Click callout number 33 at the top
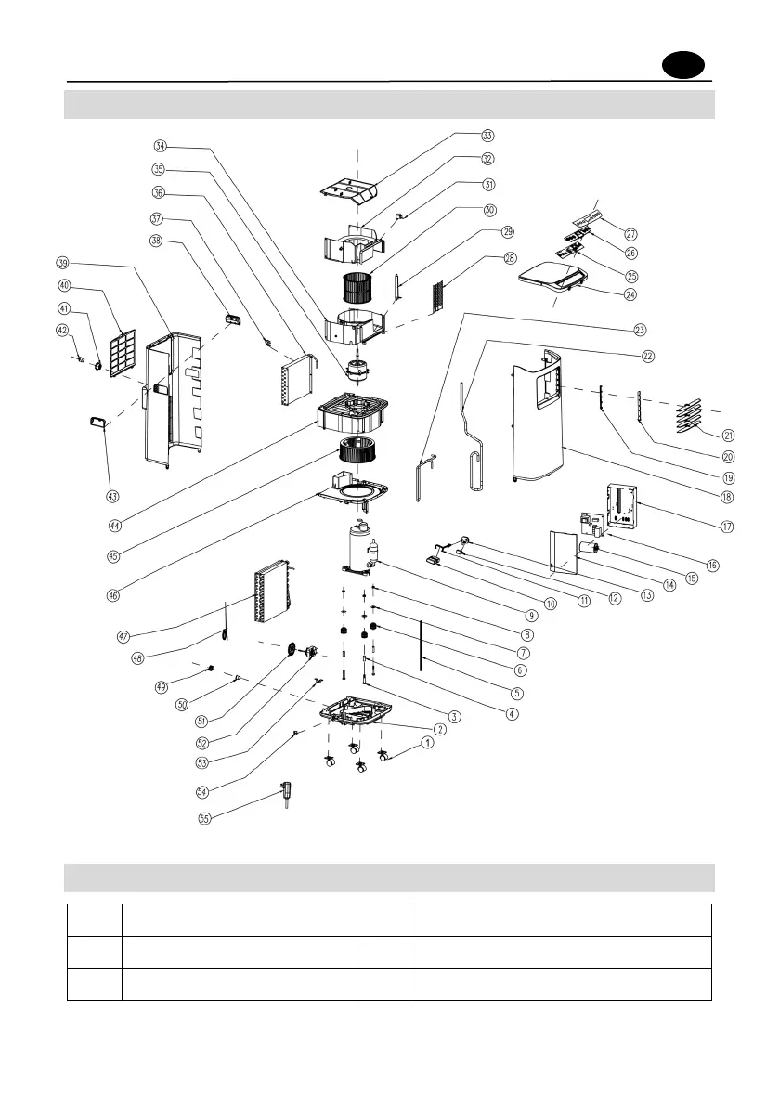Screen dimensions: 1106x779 487,136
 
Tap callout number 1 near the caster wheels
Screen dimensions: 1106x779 427,742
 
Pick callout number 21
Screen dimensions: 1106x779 728,435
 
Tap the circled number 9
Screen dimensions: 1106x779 531,614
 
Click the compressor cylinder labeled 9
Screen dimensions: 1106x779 357,548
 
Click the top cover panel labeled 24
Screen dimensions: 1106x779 552,273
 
